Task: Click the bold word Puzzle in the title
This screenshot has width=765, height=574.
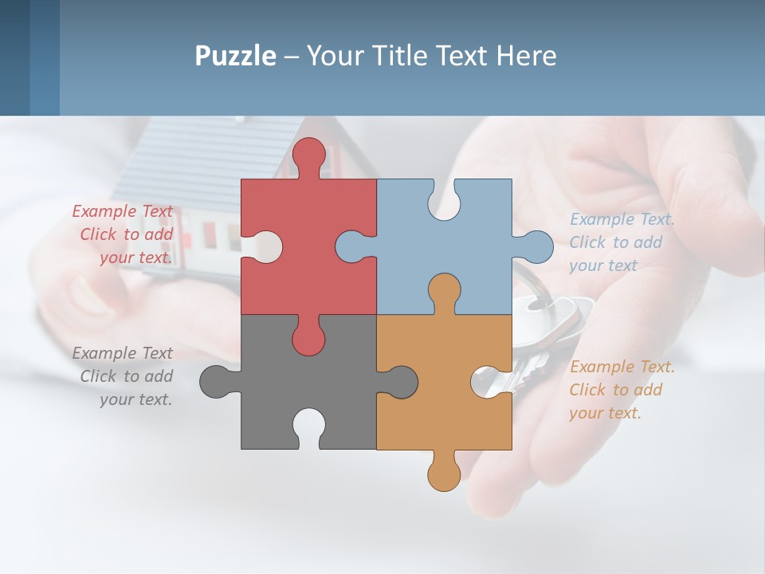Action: (235, 56)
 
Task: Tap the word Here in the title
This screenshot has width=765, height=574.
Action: (526, 56)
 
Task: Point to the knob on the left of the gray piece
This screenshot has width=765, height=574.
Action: (216, 382)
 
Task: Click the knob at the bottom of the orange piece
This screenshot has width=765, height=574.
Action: (444, 475)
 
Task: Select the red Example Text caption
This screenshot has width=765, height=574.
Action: (124, 234)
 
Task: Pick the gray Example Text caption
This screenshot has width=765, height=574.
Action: (124, 376)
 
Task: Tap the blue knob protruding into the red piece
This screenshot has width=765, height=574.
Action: (351, 246)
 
